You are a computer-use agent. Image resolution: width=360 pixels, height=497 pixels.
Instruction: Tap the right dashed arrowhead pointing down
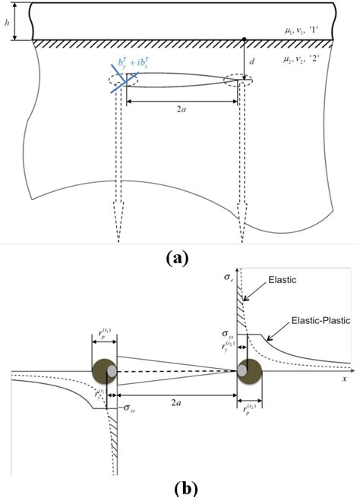(x=242, y=231)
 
